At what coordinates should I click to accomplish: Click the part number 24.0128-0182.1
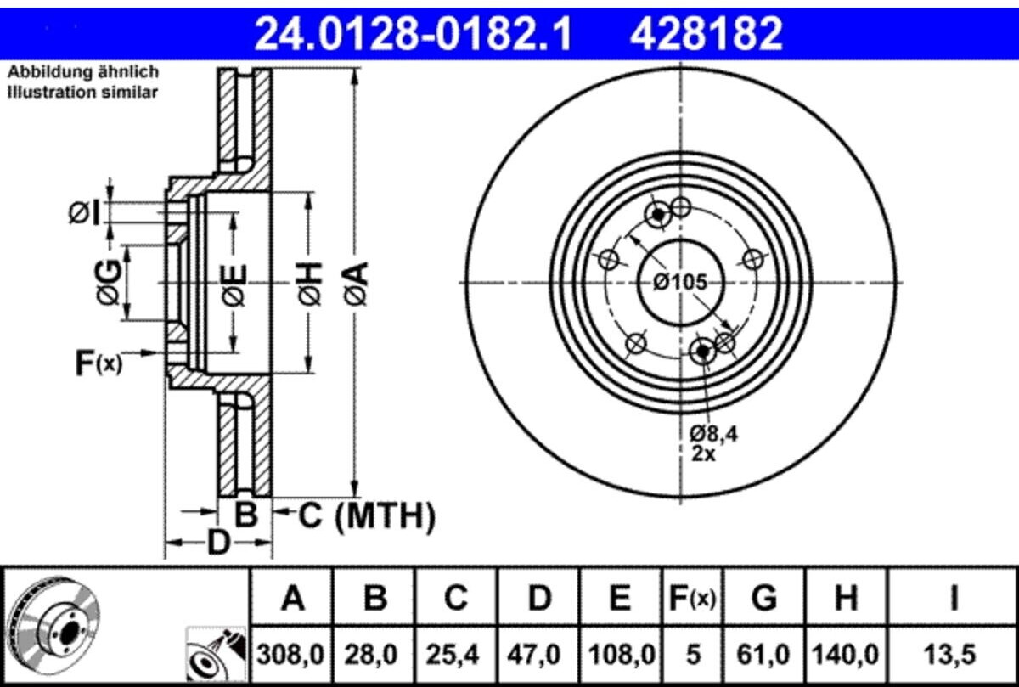pos(413,33)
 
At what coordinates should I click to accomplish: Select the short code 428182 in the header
pos(706,33)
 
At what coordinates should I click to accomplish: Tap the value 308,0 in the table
pos(290,655)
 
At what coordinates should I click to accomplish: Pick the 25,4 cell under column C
pos(453,655)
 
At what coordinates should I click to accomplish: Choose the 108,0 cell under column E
pos(622,655)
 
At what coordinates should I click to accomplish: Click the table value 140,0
pos(846,655)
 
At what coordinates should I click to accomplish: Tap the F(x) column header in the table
pos(692,598)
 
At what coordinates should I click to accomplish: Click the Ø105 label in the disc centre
pos(680,283)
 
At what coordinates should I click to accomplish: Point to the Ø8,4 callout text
pos(713,434)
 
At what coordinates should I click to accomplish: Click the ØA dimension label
pos(356,283)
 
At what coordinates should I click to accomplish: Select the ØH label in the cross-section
pos(310,283)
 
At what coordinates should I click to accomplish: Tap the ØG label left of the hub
pos(110,282)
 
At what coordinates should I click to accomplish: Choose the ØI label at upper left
pos(84,213)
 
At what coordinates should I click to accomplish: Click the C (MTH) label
pos(367,516)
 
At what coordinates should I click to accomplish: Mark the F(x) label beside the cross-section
pos(99,363)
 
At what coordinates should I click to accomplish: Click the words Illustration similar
pos(83,93)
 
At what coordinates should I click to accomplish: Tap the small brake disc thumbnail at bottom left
pos(53,622)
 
